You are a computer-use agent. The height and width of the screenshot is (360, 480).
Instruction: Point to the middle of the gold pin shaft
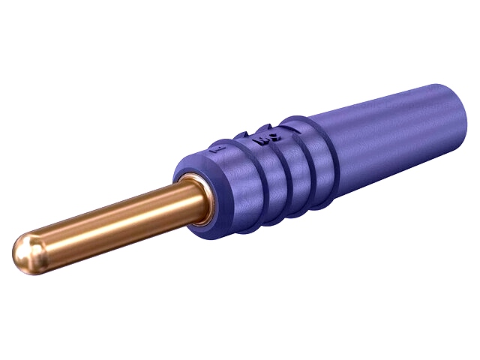point(112,221)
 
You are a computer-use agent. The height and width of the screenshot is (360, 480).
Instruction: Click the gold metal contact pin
point(112,221)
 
